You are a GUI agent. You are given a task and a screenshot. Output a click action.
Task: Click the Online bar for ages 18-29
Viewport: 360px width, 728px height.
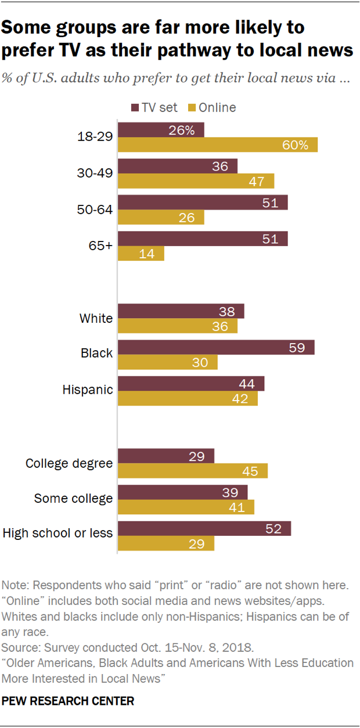(218, 145)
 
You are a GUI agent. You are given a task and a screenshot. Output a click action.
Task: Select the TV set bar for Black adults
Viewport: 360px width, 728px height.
(216, 347)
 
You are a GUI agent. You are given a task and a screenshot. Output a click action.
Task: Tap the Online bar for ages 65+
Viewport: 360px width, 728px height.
(141, 254)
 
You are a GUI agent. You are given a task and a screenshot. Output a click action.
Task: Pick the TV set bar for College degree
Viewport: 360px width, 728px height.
(166, 456)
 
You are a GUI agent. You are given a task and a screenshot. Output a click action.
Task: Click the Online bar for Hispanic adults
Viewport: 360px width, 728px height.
(188, 399)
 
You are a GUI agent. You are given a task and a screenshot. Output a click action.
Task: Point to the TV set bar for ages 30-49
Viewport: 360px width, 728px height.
(178, 166)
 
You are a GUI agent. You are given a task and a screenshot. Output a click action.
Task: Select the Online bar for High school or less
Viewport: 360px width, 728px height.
(166, 543)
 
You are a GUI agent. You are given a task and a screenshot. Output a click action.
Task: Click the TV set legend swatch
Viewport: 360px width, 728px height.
(135, 107)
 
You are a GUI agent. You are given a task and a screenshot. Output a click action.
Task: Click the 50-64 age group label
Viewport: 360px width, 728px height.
(95, 210)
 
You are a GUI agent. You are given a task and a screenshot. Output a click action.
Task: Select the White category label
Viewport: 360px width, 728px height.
(96, 318)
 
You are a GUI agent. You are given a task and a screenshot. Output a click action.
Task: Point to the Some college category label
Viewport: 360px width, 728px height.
(73, 499)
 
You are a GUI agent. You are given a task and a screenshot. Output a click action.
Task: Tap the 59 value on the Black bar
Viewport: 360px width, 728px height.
(297, 347)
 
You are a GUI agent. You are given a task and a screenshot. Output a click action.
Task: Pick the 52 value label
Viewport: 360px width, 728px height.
(273, 528)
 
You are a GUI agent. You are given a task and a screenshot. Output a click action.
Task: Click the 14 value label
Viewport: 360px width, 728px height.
(147, 254)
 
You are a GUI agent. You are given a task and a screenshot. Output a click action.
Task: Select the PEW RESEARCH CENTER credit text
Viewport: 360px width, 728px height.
(68, 701)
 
